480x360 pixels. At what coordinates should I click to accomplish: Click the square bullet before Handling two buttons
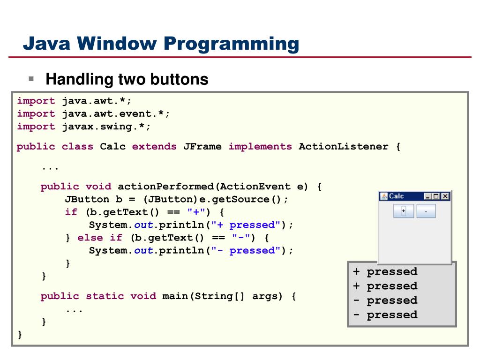coord(31,79)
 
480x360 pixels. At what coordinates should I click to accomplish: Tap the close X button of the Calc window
coord(445,196)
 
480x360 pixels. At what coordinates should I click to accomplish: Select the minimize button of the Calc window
coord(427,196)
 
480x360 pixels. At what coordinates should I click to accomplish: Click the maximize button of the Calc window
coord(436,196)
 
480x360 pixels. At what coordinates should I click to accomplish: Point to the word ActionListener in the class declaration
coord(344,147)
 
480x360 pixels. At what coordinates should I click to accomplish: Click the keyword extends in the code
coord(154,147)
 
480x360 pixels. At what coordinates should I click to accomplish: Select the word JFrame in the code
coord(202,147)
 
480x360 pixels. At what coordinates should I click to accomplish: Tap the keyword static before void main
coord(104,296)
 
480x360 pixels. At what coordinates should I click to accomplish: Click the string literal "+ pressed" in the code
coord(248,225)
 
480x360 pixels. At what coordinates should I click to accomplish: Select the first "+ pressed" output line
coord(385,272)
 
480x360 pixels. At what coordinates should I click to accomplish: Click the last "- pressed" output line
coord(385,315)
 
